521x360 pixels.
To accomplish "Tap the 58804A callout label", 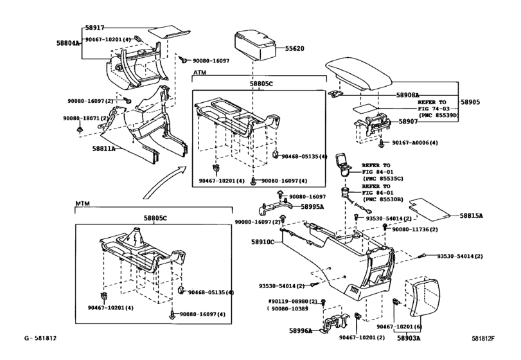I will tap(68, 43).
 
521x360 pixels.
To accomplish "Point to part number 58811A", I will tap(103, 148).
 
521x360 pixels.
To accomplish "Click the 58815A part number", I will tap(472, 216).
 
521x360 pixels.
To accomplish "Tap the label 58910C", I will tap(263, 242).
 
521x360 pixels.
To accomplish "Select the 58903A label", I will tap(408, 337).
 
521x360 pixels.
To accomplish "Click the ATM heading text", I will tap(200, 74).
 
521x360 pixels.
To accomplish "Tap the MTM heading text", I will tap(83, 203).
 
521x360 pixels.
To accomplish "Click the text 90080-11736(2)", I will tap(415, 229).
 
